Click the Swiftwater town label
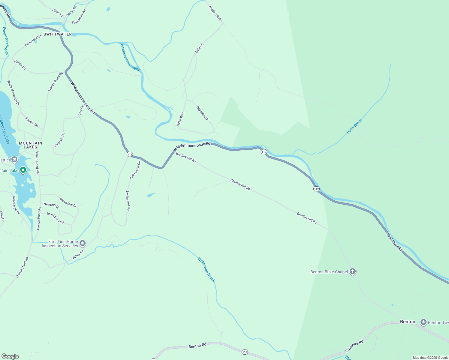point(58,34)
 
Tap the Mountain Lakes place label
point(30,145)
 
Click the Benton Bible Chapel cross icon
point(353,272)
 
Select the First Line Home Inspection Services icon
point(83,243)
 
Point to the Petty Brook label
point(354,126)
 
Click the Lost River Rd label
point(395,242)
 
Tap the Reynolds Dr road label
point(202,113)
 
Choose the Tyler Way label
point(180,119)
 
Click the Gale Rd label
point(199,48)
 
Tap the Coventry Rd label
point(354,346)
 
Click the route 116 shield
point(245,352)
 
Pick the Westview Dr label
point(68,202)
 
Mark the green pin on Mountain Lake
point(23,170)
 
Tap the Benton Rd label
point(197,346)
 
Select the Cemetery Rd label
point(33,41)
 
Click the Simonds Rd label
point(59,140)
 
